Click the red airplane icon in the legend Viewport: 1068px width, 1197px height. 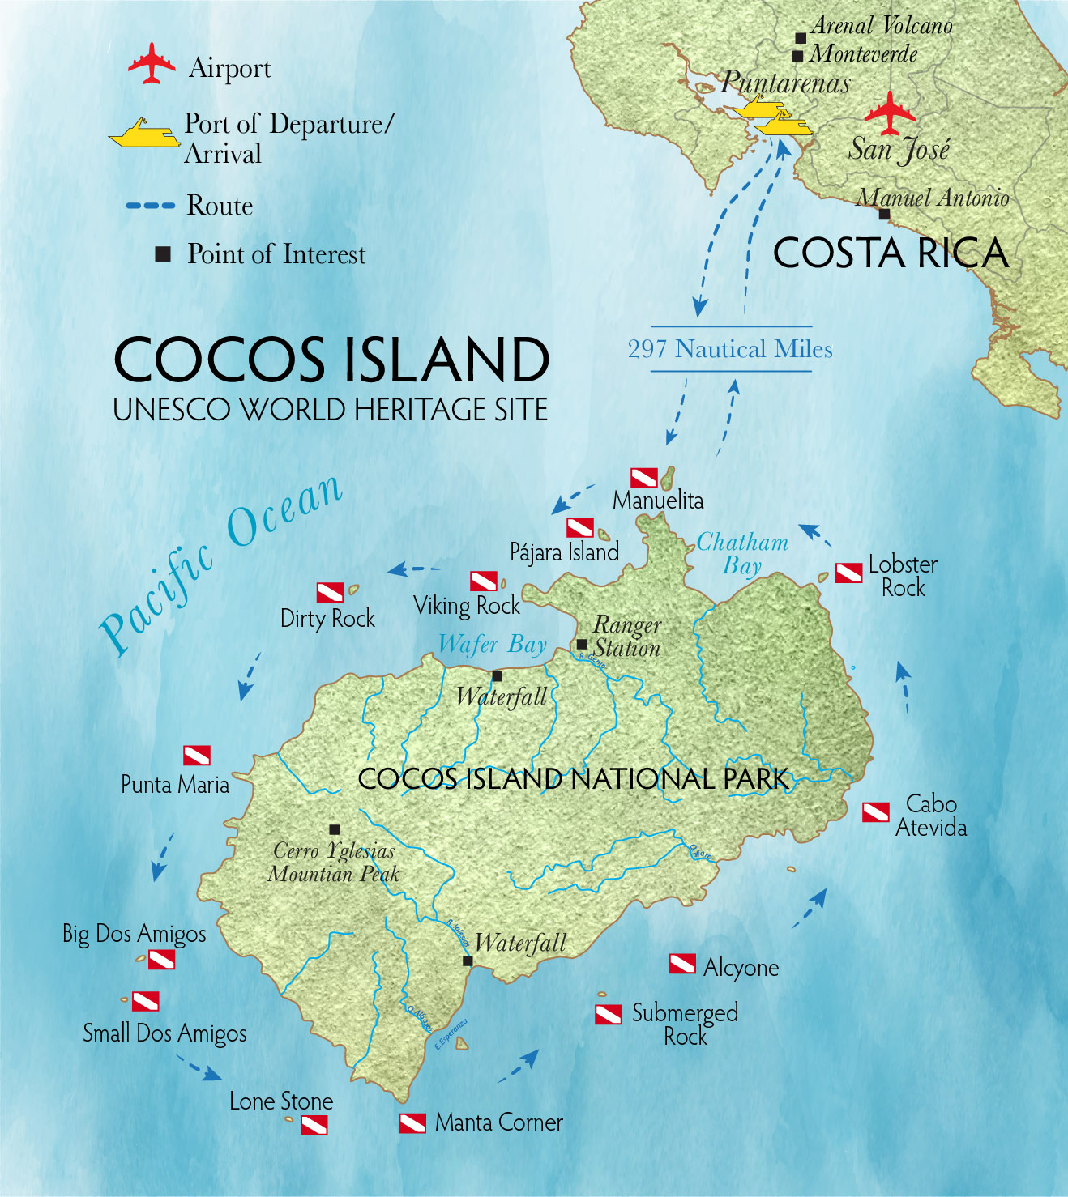152,64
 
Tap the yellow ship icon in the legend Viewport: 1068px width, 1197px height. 145,134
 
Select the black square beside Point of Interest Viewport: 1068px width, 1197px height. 163,254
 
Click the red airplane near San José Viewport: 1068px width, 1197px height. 890,113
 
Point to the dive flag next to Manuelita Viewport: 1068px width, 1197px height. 644,477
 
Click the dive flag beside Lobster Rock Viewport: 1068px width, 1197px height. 848,573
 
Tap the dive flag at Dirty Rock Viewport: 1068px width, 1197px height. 330,593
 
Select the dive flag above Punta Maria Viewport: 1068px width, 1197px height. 197,755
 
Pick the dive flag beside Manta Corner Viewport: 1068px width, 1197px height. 412,1123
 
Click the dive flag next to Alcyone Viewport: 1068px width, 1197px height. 682,964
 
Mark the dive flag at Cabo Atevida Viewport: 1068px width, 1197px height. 875,812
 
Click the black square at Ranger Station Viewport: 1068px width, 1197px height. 582,645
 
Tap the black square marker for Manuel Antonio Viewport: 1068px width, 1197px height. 884,215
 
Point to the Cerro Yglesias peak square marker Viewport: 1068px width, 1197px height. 334,829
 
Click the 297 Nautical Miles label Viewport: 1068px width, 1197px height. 730,349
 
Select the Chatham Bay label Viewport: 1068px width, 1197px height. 742,554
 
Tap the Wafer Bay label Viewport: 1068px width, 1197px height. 493,645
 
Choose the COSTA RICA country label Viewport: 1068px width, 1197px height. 891,253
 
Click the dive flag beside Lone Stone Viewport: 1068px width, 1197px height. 314,1125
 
